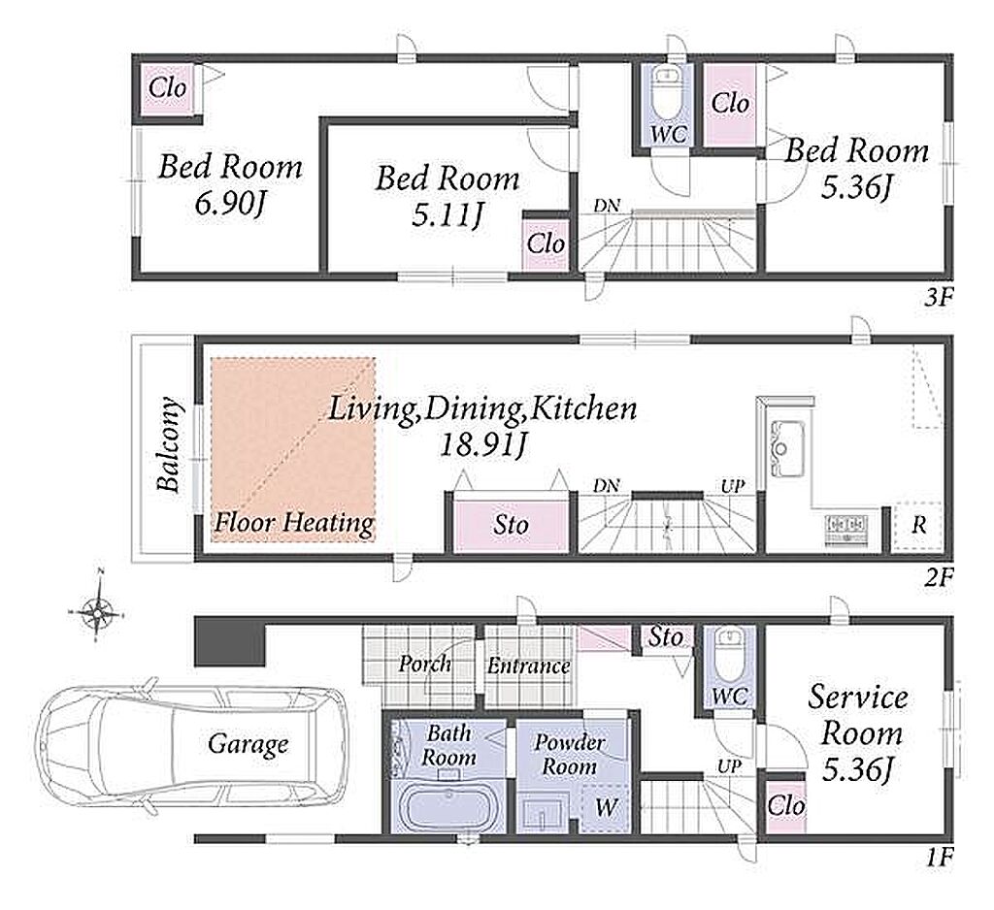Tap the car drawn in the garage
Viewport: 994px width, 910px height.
pyautogui.click(x=191, y=745)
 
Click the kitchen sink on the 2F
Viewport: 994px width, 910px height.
pyautogui.click(x=786, y=448)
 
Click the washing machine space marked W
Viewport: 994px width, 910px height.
pyautogui.click(x=606, y=807)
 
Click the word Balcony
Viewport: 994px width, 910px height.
pyautogui.click(x=169, y=445)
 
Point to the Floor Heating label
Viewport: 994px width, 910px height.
pyautogui.click(x=294, y=524)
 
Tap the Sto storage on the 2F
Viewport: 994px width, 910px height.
pyautogui.click(x=511, y=524)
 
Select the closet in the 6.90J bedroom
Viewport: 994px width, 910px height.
pyautogui.click(x=167, y=88)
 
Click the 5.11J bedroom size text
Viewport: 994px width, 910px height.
pyautogui.click(x=447, y=216)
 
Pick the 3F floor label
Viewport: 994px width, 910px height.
pyautogui.click(x=939, y=297)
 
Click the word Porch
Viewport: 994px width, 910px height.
pyautogui.click(x=425, y=665)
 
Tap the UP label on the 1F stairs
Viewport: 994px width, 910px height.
pyautogui.click(x=729, y=766)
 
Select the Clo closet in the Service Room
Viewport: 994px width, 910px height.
pyautogui.click(x=786, y=806)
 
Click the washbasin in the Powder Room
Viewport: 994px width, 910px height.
pyautogui.click(x=543, y=814)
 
